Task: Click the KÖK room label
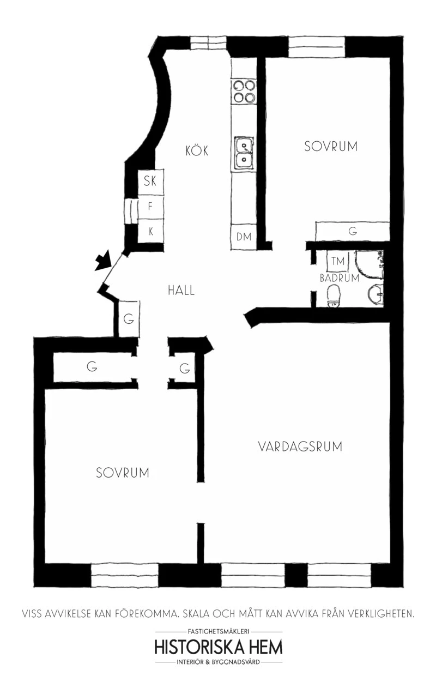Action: (197, 150)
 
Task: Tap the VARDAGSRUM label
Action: (300, 446)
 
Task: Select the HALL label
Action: (181, 291)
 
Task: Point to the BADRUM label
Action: (340, 278)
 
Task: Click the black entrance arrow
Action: (103, 260)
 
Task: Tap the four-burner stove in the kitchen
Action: (244, 92)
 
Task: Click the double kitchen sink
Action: (244, 153)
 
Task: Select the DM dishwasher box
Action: (244, 237)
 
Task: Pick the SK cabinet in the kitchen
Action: (150, 182)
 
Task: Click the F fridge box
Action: (150, 207)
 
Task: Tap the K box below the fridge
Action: (150, 232)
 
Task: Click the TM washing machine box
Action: (337, 261)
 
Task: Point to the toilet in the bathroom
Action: (333, 295)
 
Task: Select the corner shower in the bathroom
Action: (369, 264)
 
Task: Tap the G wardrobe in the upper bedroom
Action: (352, 231)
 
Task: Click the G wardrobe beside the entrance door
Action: (129, 319)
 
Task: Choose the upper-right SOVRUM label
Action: (331, 146)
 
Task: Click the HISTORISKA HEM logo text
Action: (219, 648)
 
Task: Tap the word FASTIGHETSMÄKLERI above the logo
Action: (219, 631)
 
